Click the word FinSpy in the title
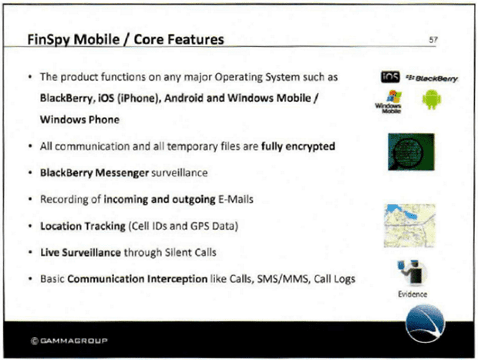(x=49, y=39)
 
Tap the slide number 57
(x=433, y=40)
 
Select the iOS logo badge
(x=390, y=77)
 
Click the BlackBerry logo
(x=433, y=79)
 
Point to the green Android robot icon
(x=432, y=99)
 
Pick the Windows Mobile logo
(x=389, y=102)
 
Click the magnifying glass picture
(x=411, y=152)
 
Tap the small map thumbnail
(x=409, y=226)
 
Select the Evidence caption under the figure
(x=412, y=294)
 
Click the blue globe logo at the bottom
(x=426, y=323)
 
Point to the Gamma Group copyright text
(x=69, y=341)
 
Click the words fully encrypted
(x=298, y=146)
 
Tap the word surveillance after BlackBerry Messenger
(x=180, y=173)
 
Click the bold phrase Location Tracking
(x=83, y=226)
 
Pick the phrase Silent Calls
(x=190, y=252)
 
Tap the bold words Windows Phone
(x=80, y=119)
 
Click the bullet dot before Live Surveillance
(x=30, y=253)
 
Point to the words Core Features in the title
(x=179, y=39)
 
